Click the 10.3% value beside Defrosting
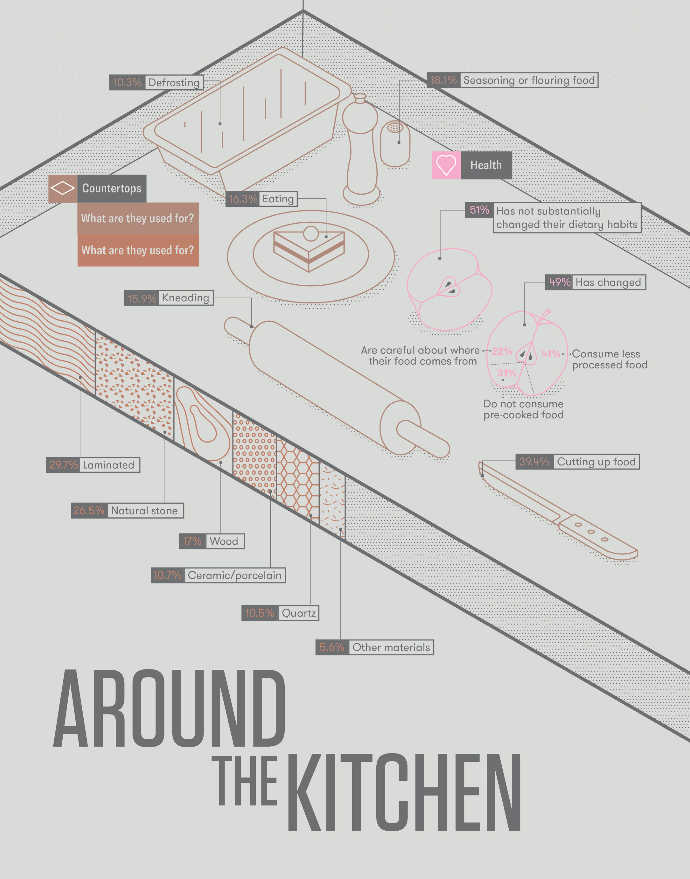127,82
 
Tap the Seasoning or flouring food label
529,80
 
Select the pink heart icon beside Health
446,165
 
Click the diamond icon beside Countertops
63,188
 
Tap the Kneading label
186,298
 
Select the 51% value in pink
479,210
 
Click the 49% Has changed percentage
559,282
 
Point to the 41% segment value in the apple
550,354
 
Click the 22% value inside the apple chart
502,351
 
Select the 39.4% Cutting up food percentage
534,461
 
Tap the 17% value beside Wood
192,541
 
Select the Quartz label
298,613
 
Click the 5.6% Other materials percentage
332,647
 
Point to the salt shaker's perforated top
395,128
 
